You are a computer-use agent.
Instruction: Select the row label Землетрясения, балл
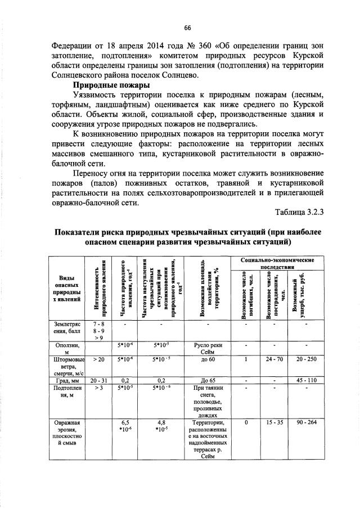coord(67,329)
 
